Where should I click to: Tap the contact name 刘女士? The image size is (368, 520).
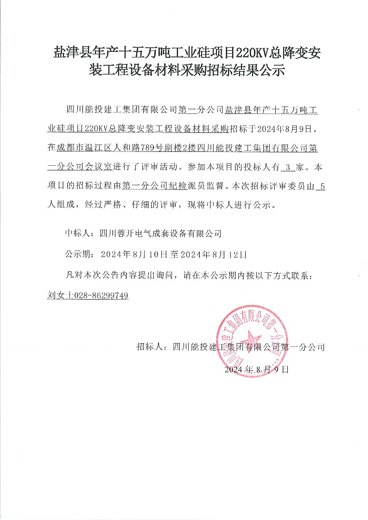(x=58, y=295)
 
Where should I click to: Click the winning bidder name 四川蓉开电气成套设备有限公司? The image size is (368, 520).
(x=161, y=233)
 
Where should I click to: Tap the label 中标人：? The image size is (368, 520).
(x=81, y=233)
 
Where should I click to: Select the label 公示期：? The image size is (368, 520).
(x=81, y=254)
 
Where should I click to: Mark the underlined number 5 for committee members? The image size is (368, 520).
(x=323, y=187)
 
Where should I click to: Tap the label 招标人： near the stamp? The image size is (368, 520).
(x=153, y=347)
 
